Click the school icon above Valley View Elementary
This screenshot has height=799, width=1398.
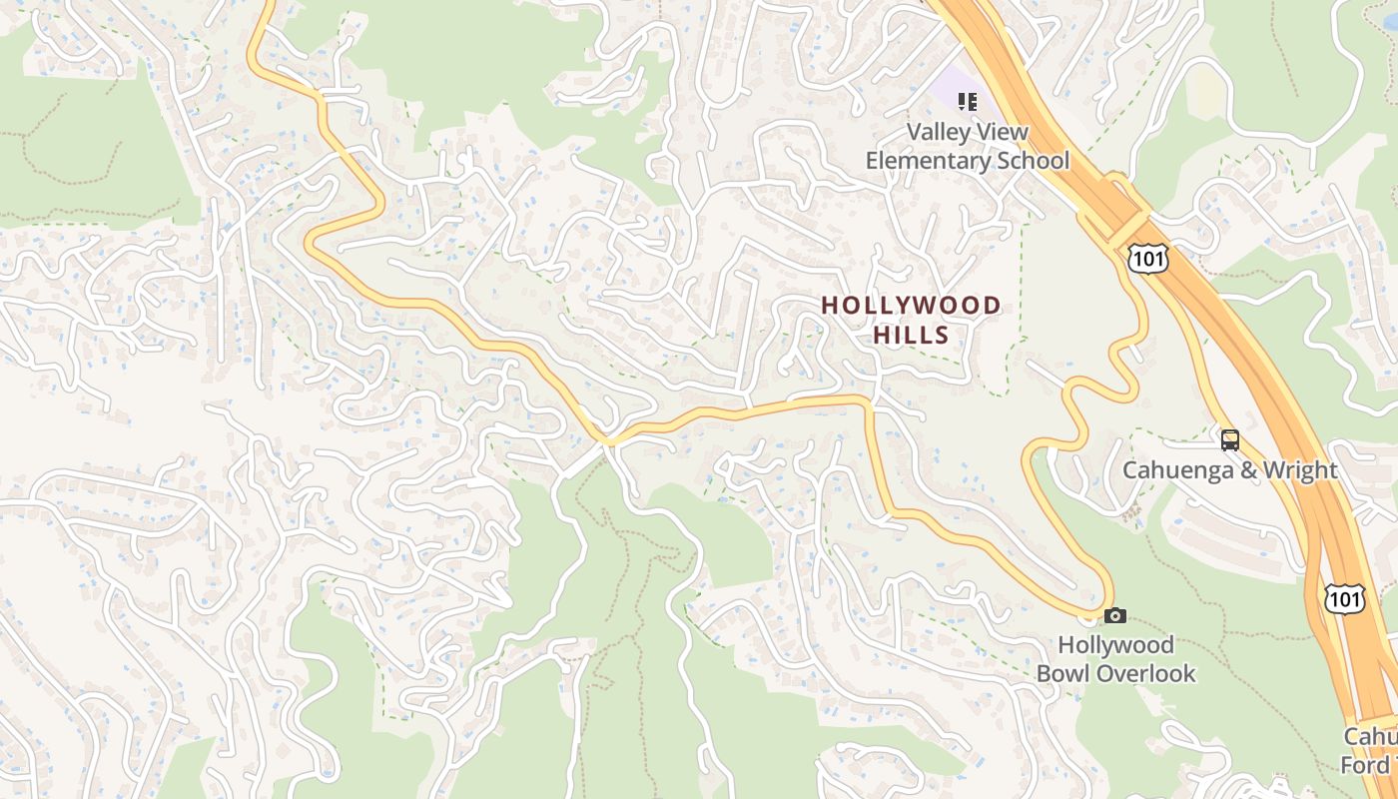pos(967,101)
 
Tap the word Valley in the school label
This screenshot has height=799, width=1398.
pos(939,132)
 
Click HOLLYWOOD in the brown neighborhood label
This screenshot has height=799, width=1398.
pos(911,306)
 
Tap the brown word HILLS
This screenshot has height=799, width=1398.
pos(911,335)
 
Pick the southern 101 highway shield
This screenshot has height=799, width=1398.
pos(1343,598)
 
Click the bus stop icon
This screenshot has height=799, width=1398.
pos(1230,439)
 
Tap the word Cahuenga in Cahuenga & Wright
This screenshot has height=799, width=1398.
pos(1170,469)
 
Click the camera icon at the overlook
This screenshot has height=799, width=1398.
pos(1115,615)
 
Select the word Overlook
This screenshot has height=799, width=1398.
pos(1146,673)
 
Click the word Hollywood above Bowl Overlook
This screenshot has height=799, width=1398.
pos(1115,645)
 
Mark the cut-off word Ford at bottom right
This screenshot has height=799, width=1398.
pos(1369,765)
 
